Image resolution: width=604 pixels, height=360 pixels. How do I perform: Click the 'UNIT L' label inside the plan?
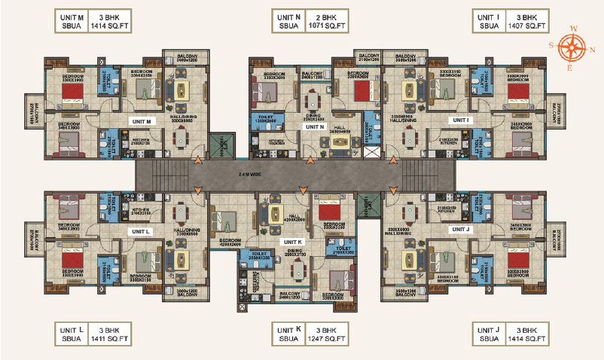(x=141, y=231)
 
